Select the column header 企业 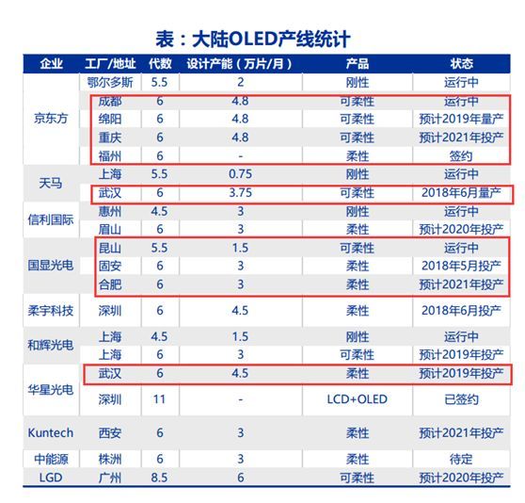[x=52, y=64]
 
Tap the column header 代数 [x=160, y=64]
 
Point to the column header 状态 [x=461, y=64]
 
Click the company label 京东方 [x=52, y=120]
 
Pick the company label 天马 [x=52, y=184]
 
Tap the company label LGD [x=52, y=478]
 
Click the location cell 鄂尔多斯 [x=111, y=82]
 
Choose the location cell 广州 [x=111, y=478]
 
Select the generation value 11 [x=160, y=399]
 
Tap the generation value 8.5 [x=160, y=478]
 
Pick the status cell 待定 [x=461, y=459]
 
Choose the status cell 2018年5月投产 [x=461, y=266]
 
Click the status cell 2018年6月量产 [x=461, y=192]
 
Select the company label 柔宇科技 [x=52, y=310]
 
